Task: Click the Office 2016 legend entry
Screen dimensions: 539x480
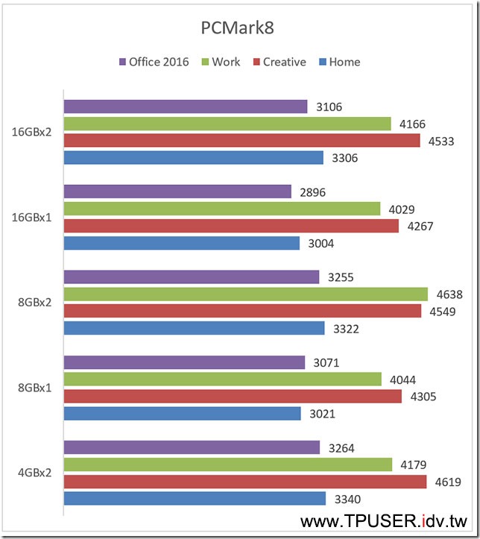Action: tap(154, 62)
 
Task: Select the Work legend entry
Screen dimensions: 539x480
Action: tap(221, 62)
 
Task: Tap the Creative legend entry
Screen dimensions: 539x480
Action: tap(279, 62)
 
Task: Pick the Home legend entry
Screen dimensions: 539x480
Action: tap(338, 62)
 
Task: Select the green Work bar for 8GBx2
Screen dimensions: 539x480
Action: tap(246, 294)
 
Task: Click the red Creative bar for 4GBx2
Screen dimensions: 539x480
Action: tap(245, 482)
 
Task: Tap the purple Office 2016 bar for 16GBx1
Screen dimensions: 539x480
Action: tap(177, 192)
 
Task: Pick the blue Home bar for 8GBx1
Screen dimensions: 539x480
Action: tap(183, 413)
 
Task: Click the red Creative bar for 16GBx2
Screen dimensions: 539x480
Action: tap(242, 141)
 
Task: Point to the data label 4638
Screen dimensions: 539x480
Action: tap(448, 294)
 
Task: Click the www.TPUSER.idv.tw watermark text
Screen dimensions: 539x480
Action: tap(383, 520)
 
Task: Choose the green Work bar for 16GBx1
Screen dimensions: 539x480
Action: tap(222, 209)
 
